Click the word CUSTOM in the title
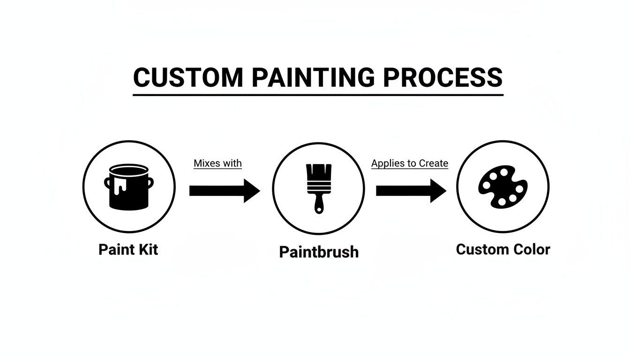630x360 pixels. pyautogui.click(x=188, y=77)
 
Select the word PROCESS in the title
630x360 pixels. pyautogui.click(x=442, y=77)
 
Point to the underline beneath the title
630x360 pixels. pyautogui.click(x=318, y=95)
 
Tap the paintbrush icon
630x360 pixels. pyautogui.click(x=319, y=187)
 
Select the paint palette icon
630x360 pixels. pyautogui.click(x=502, y=187)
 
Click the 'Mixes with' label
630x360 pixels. pyautogui.click(x=217, y=164)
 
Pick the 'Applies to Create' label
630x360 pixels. pyautogui.click(x=410, y=164)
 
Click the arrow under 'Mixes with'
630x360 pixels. pyautogui.click(x=224, y=190)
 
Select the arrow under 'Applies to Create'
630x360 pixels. pyautogui.click(x=411, y=190)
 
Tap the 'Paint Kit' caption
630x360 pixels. pyautogui.click(x=128, y=249)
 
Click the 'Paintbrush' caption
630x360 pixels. pyautogui.click(x=319, y=252)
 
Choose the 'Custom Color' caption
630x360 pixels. pyautogui.click(x=502, y=249)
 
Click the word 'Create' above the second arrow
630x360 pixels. pyautogui.click(x=434, y=164)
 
